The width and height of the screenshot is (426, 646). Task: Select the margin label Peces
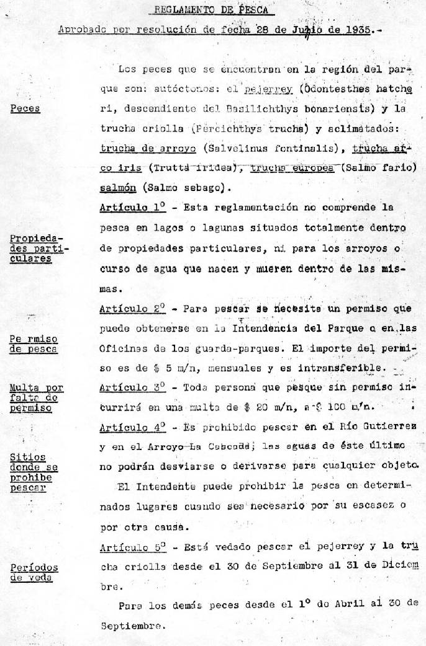[x=25, y=108]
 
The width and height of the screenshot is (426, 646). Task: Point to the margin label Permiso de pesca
[x=34, y=343]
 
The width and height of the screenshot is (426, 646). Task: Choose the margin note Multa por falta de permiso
[x=36, y=398]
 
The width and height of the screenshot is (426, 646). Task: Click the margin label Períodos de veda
[x=34, y=572]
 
